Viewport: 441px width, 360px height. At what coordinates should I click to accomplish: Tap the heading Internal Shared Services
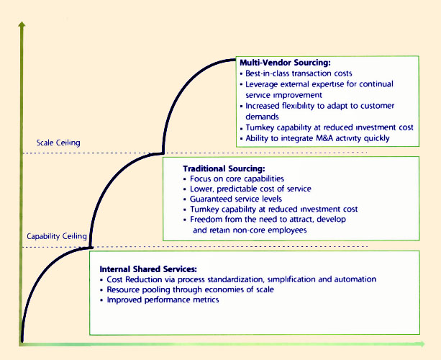(x=147, y=269)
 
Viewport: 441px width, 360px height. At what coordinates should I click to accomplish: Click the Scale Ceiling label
(x=58, y=143)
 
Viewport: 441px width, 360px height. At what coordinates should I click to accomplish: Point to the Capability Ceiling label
(x=57, y=236)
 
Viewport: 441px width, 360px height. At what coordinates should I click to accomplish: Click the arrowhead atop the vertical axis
(x=22, y=27)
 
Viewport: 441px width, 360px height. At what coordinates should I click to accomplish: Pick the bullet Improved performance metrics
(x=162, y=300)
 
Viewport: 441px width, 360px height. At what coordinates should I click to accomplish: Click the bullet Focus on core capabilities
(x=237, y=178)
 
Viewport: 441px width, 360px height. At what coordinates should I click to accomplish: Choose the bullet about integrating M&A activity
(x=317, y=138)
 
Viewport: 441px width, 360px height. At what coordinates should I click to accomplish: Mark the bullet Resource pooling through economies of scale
(x=188, y=289)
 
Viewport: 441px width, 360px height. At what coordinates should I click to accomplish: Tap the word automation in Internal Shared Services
(x=355, y=279)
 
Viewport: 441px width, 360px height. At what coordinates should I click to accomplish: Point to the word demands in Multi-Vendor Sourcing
(x=262, y=116)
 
